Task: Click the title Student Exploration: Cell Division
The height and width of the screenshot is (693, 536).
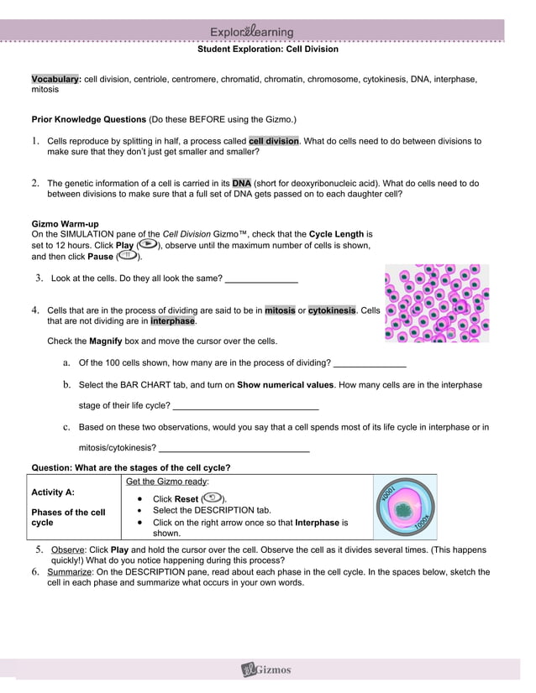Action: (267, 49)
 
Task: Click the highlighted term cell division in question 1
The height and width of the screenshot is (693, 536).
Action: (274, 141)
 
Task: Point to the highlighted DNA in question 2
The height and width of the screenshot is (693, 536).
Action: (242, 182)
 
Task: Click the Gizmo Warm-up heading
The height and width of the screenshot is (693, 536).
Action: (65, 224)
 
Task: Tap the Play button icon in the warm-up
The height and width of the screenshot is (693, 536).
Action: (147, 245)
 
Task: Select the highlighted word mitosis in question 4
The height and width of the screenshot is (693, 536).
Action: (280, 310)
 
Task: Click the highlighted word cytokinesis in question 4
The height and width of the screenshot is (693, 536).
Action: (332, 310)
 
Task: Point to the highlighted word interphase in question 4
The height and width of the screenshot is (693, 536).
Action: (172, 321)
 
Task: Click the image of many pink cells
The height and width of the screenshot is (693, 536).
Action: (437, 303)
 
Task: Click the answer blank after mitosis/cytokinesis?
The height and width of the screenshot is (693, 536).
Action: (234, 448)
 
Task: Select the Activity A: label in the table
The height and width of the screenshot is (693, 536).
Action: (53, 492)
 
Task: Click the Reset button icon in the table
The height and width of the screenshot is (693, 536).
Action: (213, 498)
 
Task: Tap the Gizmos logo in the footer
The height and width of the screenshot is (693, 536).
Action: (267, 670)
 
